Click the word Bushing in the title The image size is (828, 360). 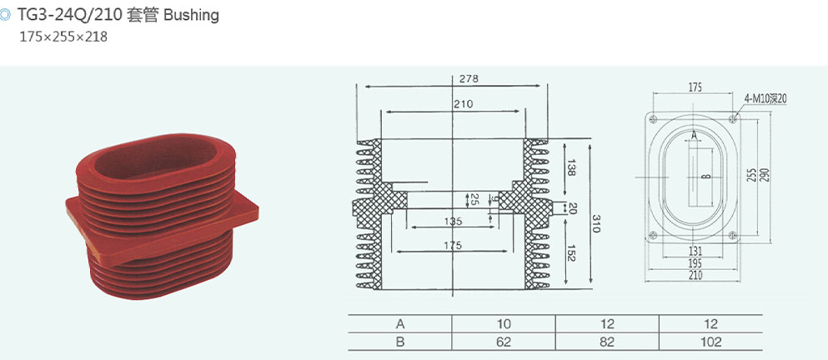pos(191,15)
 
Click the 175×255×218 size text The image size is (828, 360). pos(63,37)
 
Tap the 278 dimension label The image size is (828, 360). pos(469,79)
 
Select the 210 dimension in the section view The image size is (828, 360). pos(463,104)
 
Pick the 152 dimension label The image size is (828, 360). pos(571,252)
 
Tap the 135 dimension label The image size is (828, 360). pos(453,221)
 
